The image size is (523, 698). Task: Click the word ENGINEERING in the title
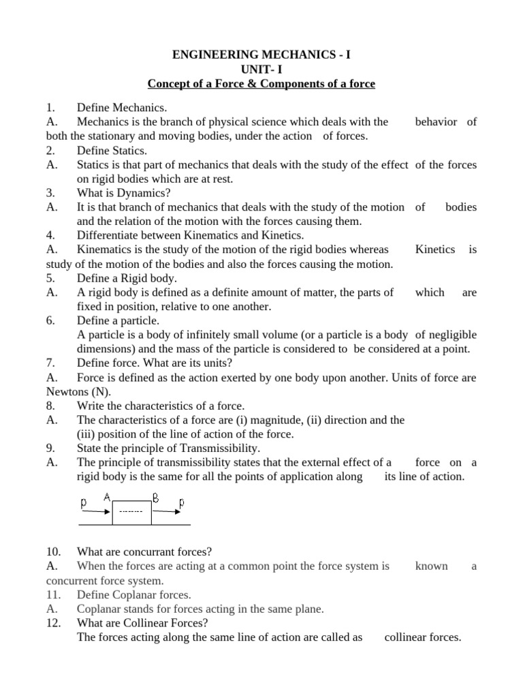pos(213,53)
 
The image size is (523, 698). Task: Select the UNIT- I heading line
pos(261,69)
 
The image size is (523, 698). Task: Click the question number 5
pos(50,278)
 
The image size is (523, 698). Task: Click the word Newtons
pos(67,392)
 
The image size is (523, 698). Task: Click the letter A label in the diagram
pos(107,498)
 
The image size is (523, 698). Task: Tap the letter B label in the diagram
pos(155,498)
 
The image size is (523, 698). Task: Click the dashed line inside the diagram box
pos(131,511)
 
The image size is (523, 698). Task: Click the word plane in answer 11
pos(308,609)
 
